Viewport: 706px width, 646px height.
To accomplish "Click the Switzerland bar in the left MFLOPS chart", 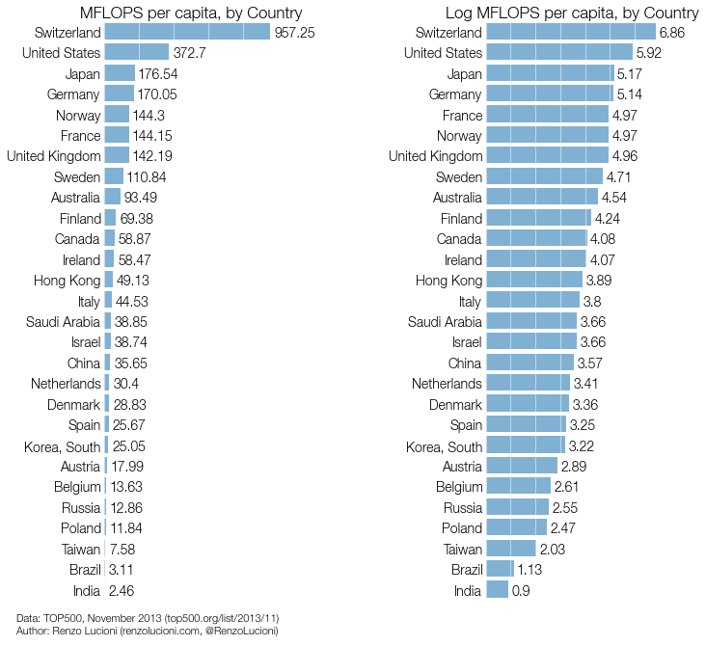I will (187, 32).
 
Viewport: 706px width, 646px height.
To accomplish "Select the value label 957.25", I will (295, 33).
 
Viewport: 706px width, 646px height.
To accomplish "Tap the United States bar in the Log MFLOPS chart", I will (559, 53).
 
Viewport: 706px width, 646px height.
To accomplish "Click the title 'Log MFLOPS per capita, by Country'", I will (572, 13).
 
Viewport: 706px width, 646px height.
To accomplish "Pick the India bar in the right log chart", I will (498, 589).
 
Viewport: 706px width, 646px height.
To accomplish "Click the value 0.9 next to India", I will (521, 590).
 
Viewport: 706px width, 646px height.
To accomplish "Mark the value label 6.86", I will (672, 33).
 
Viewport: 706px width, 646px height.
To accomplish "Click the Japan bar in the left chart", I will (120, 73).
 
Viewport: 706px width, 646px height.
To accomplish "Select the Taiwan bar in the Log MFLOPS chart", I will (511, 548).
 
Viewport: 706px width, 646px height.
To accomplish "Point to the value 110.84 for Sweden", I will (147, 177).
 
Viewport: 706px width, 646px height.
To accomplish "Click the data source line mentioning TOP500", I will (148, 617).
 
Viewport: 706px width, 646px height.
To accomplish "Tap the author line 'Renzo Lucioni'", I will (148, 631).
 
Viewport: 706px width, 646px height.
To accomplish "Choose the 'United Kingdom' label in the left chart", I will (53, 156).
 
